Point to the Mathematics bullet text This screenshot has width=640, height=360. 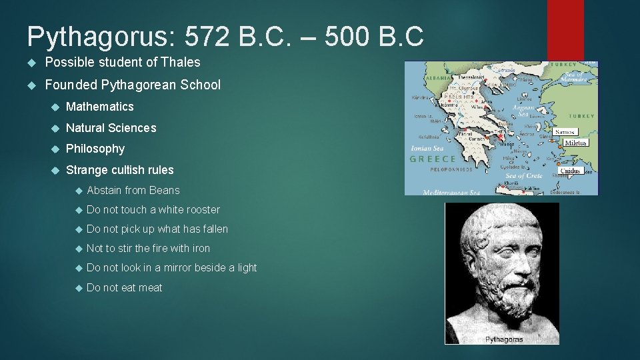(x=100, y=107)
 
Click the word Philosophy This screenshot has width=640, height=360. (x=95, y=149)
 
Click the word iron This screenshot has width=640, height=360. (x=201, y=249)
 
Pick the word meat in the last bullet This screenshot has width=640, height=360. (x=150, y=288)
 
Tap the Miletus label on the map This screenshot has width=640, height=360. (x=575, y=143)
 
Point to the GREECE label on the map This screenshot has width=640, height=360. (x=433, y=159)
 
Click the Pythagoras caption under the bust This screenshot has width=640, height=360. (x=504, y=339)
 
